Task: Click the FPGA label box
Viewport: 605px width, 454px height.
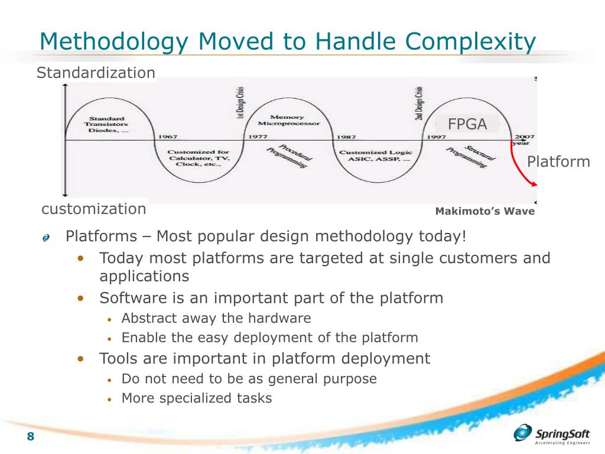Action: [x=467, y=124]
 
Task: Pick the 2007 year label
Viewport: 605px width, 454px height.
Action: [x=523, y=136]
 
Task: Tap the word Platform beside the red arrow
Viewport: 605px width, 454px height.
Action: [x=558, y=162]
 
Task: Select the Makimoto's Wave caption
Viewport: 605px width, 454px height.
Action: [x=484, y=212]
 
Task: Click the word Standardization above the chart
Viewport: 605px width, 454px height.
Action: [x=96, y=73]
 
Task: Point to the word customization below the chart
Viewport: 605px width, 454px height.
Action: [x=93, y=209]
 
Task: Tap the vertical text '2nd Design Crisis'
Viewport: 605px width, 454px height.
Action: [x=419, y=103]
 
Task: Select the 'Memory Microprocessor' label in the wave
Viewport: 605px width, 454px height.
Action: [x=288, y=121]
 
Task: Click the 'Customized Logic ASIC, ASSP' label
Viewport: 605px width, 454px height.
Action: [x=375, y=156]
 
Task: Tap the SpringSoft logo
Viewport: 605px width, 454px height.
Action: [x=552, y=434]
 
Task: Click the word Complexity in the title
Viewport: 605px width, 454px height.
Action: [x=470, y=41]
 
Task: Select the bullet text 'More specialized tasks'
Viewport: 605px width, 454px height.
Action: [x=196, y=398]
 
